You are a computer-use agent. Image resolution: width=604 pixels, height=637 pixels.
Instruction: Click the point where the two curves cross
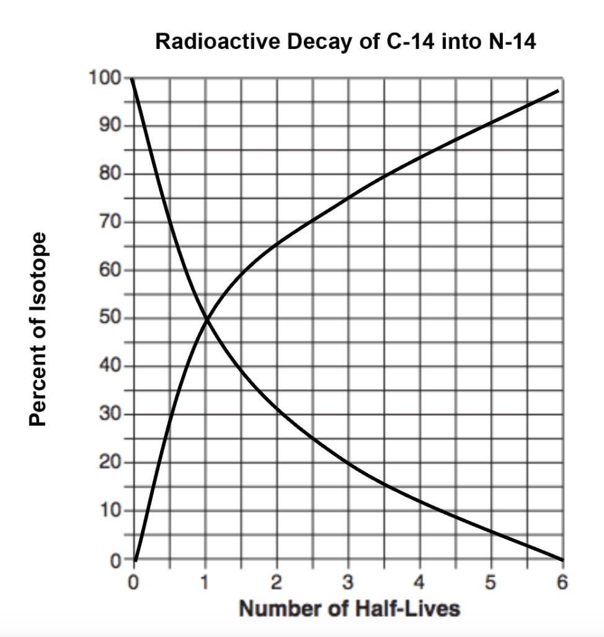pyautogui.click(x=206, y=319)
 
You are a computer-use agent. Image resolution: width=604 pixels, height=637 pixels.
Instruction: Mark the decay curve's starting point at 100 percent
pyautogui.click(x=133, y=80)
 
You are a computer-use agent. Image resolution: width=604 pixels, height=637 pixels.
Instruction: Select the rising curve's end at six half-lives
pyautogui.click(x=559, y=91)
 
